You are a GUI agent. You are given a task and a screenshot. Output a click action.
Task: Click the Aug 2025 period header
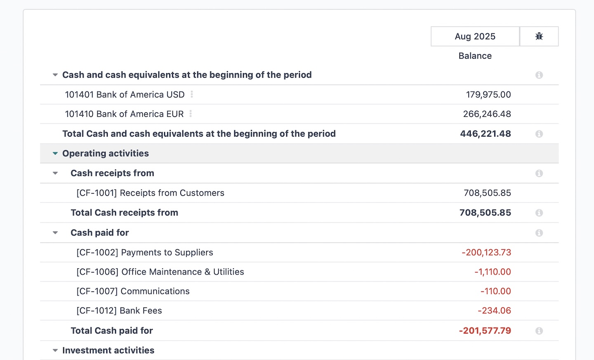tap(475, 36)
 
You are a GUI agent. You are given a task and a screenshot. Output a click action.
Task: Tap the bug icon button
tap(539, 36)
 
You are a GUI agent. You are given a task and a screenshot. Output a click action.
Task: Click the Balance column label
tap(475, 56)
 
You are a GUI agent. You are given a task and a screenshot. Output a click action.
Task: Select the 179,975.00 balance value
tap(488, 95)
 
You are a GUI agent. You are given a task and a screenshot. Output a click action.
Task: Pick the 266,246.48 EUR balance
tap(487, 114)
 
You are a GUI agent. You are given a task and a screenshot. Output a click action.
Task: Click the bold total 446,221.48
tap(485, 134)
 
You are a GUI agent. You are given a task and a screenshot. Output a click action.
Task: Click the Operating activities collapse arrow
tap(55, 154)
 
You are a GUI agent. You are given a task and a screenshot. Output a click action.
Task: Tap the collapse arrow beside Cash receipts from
tap(55, 173)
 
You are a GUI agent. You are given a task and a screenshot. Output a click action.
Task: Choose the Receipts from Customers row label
tap(150, 193)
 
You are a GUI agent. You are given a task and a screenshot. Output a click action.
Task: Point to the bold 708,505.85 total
tap(485, 213)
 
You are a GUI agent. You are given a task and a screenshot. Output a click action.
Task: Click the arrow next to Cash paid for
tap(55, 233)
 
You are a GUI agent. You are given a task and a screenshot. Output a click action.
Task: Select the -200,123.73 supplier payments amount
tap(486, 252)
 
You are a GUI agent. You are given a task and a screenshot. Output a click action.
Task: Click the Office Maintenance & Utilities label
tap(160, 272)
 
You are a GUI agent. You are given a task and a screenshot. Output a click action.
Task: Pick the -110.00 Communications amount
tap(495, 291)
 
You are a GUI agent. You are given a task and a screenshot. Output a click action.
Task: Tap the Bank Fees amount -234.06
tap(494, 310)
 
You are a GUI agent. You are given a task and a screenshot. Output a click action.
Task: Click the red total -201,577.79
tap(485, 331)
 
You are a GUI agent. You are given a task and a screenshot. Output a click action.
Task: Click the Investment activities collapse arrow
tap(55, 351)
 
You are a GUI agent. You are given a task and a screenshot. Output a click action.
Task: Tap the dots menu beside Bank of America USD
tap(192, 95)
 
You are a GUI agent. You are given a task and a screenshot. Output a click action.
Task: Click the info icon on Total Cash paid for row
tap(539, 331)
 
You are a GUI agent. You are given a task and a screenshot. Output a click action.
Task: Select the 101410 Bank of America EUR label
tap(124, 114)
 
